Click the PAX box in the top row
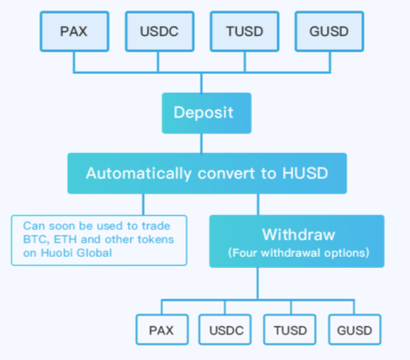tap(73, 32)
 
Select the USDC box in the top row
tap(159, 32)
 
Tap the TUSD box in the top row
tap(244, 32)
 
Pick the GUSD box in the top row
tap(329, 32)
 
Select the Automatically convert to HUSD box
tap(206, 173)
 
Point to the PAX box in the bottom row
tap(161, 330)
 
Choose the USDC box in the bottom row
tap(226, 330)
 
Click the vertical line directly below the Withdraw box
tap(257, 282)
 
